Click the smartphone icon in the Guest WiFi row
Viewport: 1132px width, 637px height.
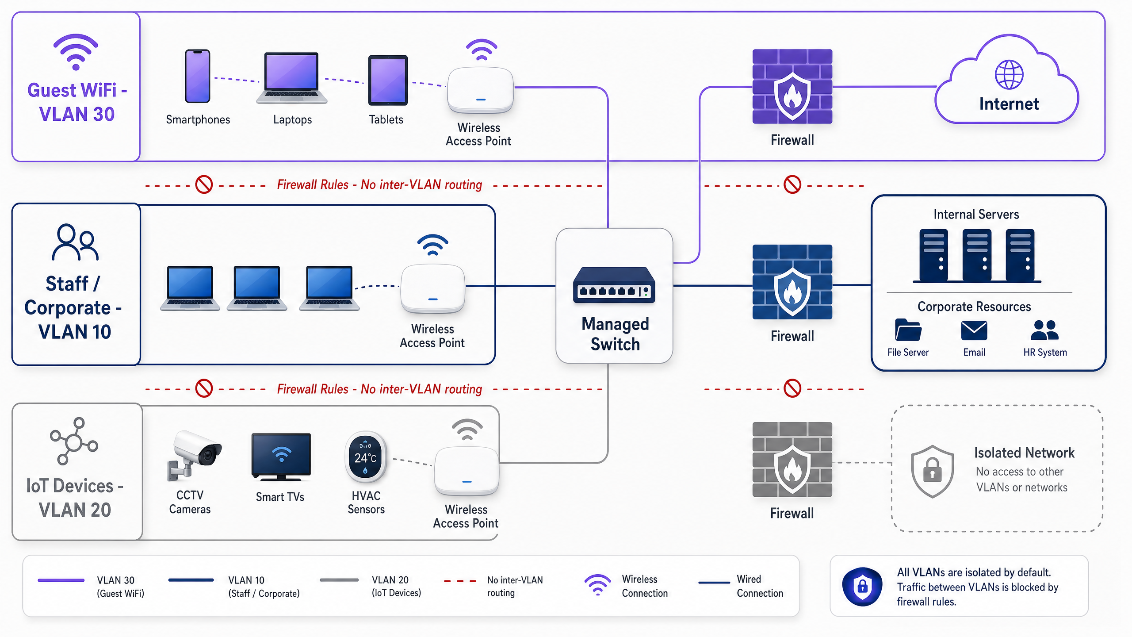pos(197,76)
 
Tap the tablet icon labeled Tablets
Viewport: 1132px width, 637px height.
pos(388,80)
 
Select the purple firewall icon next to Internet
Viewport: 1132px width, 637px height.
pos(792,86)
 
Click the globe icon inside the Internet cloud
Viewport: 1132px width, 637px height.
pos(1009,75)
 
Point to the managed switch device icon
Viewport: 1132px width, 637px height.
pos(614,285)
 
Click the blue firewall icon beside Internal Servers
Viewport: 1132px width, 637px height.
pos(792,282)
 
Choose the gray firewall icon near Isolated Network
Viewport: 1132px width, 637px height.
pos(792,459)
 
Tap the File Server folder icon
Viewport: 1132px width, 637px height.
pos(908,330)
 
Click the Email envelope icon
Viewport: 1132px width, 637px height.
pos(974,330)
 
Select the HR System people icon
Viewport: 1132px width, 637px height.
pos(1044,330)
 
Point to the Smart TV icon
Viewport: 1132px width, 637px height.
pos(281,457)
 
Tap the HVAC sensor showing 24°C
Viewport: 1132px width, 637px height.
pos(366,457)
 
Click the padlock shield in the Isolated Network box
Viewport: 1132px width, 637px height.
pos(932,471)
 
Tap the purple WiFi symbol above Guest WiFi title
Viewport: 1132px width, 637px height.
pos(76,52)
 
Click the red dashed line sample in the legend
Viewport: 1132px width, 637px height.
pos(460,581)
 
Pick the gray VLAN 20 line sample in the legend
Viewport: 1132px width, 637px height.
pos(339,580)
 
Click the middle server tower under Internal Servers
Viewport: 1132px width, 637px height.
pos(977,255)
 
